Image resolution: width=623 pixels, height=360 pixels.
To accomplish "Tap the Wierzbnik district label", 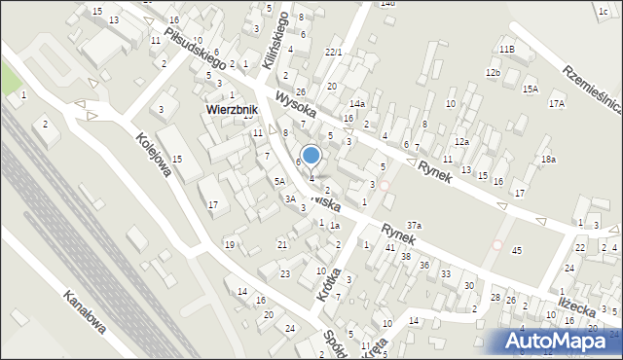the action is tap(231, 110).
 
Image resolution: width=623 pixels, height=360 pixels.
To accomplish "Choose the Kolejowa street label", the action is tap(155, 156).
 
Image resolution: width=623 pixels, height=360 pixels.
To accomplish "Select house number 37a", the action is tap(414, 226).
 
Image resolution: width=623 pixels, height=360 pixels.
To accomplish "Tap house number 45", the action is tap(517, 251).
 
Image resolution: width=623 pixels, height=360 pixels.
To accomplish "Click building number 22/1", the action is tap(333, 52).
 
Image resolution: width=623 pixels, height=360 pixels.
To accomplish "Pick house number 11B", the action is tap(506, 49).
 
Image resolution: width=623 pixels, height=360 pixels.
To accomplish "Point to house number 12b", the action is tap(494, 73).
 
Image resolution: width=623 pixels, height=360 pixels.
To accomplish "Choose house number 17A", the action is tap(556, 103).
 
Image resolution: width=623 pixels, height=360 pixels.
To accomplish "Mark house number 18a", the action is tap(549, 159).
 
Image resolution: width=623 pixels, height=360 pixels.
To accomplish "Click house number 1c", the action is tap(603, 10).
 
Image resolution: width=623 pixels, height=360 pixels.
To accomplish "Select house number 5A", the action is tap(278, 181).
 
